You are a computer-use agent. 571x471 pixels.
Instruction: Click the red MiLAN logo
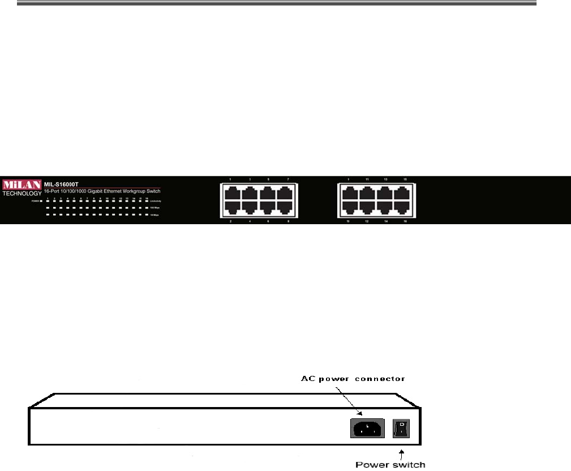point(20,185)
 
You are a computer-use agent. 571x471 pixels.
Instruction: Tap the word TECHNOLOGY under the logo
point(22,194)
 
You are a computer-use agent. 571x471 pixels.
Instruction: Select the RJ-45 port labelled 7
point(287,192)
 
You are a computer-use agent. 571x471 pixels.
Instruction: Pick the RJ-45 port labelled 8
point(287,207)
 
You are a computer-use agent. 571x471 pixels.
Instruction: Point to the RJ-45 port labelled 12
point(367,207)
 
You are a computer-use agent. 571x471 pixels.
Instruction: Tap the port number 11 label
point(367,179)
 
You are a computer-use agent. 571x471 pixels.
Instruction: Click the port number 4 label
point(250,221)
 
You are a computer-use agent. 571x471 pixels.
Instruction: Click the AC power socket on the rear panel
point(367,429)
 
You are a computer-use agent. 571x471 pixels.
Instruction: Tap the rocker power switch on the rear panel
point(401,429)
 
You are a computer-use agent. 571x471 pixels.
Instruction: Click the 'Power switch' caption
point(390,465)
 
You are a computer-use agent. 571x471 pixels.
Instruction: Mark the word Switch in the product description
point(153,192)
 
